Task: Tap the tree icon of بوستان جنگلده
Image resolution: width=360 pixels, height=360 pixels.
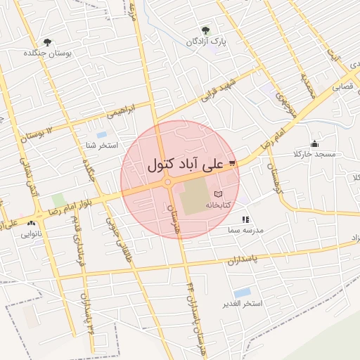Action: point(47,42)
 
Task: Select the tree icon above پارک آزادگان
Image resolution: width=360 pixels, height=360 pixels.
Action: point(205,30)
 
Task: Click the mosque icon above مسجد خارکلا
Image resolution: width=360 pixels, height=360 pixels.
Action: point(314,143)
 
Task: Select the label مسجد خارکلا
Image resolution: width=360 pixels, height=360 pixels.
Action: point(316,153)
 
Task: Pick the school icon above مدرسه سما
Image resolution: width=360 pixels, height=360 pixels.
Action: point(245,219)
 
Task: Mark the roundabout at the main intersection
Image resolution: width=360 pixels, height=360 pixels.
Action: point(168,183)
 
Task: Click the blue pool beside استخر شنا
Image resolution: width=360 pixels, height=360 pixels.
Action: point(102,134)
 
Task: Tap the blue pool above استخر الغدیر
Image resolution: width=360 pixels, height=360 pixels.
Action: point(243,292)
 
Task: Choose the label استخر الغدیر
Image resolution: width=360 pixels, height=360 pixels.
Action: point(243,303)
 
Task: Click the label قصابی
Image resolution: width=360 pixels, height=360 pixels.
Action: point(342,87)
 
